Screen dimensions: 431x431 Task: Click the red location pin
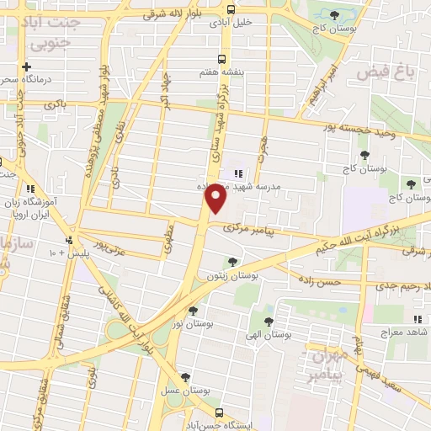click(216, 196)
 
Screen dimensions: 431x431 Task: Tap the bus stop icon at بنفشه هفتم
click(221, 59)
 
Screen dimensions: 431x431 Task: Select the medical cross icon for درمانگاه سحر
click(27, 67)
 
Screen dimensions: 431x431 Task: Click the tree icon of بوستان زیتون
click(231, 262)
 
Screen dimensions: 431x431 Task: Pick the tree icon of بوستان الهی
click(269, 321)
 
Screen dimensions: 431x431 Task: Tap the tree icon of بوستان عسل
click(186, 378)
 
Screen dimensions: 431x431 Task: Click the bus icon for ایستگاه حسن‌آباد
click(220, 412)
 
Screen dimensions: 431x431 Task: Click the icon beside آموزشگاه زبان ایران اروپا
click(32, 189)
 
